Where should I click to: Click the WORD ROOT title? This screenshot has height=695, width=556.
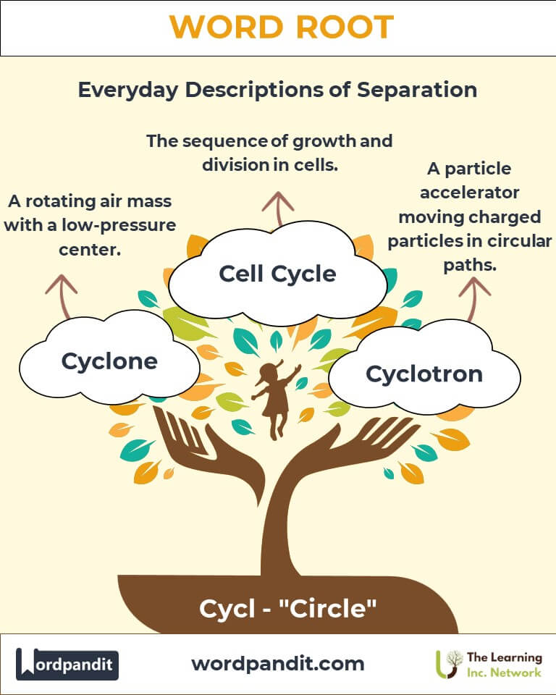pos(281,28)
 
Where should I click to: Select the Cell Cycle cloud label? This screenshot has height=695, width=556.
pos(277,274)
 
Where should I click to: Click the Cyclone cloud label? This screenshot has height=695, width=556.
pos(109,361)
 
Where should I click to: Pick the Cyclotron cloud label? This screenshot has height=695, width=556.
pos(424,374)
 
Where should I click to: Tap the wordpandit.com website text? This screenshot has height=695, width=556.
pos(278,663)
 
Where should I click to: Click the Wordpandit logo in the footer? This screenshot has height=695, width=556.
pos(67,664)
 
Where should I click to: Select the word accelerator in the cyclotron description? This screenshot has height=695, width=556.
pos(468,193)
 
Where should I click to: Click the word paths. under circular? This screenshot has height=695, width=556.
pos(469,265)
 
